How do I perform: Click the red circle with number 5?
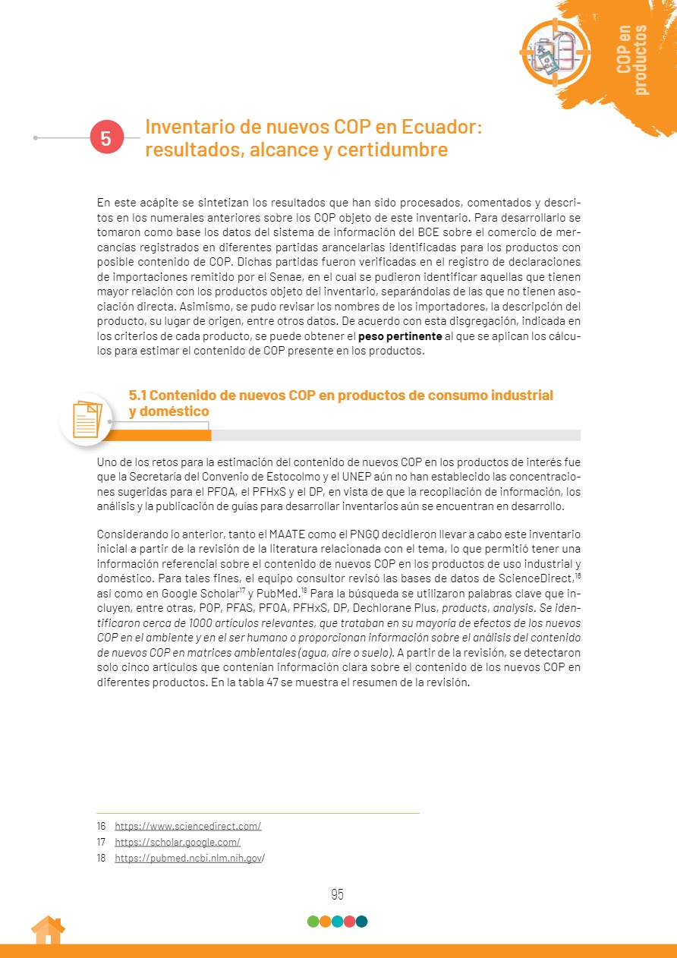[106, 138]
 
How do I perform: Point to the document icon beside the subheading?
[86, 418]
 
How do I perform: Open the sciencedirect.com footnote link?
[187, 826]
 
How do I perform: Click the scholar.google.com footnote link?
[177, 842]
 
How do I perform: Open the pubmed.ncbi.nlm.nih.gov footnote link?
[189, 858]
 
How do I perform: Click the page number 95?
[338, 894]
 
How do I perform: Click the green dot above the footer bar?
[313, 922]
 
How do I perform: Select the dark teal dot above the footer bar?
[362, 922]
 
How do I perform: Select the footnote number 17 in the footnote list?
[101, 842]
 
